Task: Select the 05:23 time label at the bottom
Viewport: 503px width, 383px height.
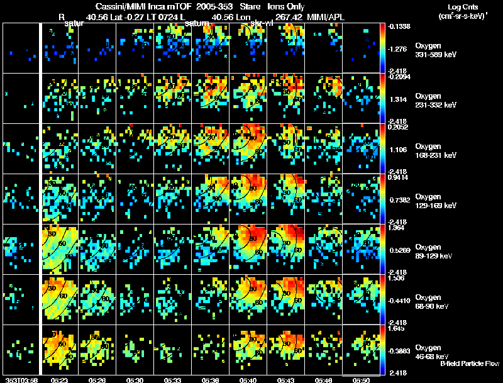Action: coord(60,380)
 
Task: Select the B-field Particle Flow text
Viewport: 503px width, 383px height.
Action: coord(470,364)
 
